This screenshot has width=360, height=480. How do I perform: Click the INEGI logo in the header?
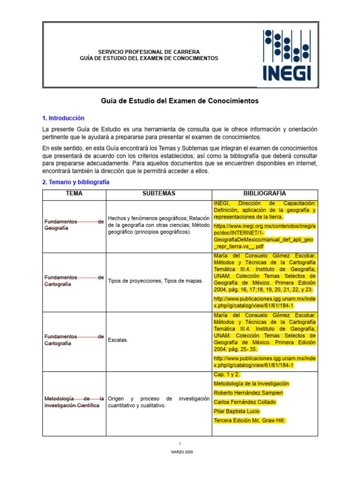287,55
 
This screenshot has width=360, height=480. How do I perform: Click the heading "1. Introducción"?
63,118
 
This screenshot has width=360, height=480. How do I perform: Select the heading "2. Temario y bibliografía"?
75,182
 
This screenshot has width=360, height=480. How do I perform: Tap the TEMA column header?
74,194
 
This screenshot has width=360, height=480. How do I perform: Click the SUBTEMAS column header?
159,194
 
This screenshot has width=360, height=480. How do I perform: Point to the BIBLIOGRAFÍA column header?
264,194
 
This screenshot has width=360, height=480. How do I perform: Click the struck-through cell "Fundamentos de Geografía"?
73,225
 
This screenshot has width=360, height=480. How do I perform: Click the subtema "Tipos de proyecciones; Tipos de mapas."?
155,281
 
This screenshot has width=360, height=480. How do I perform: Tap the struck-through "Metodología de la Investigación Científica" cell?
73,402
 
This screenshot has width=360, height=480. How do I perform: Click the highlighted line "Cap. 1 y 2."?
227,375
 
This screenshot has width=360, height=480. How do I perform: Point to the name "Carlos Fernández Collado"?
245,402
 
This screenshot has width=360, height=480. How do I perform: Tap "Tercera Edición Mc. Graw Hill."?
249,420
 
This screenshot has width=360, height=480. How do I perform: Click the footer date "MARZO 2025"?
180,452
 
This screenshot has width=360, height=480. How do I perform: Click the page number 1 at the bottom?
180,443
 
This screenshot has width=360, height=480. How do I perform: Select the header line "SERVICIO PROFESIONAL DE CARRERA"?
149,52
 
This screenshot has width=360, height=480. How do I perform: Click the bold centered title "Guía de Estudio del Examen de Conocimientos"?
180,101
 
